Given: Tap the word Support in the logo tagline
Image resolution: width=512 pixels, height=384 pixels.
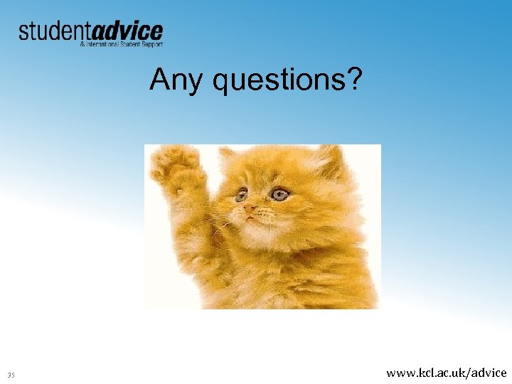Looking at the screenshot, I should pyautogui.click(x=151, y=44).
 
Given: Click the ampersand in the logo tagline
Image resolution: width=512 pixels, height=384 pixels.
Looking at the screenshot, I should pyautogui.click(x=82, y=44).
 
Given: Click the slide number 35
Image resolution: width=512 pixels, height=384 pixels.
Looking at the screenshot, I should pyautogui.click(x=11, y=375).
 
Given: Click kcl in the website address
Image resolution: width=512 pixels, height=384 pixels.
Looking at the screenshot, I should pyautogui.click(x=429, y=373).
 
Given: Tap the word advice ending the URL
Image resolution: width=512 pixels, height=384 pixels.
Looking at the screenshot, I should pyautogui.click(x=489, y=373).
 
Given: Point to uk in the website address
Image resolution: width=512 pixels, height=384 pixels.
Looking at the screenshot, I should pyautogui.click(x=460, y=373).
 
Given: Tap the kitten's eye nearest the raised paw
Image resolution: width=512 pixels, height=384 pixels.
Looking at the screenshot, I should pyautogui.click(x=242, y=193).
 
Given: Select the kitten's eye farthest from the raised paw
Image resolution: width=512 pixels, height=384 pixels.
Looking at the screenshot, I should pyautogui.click(x=280, y=193).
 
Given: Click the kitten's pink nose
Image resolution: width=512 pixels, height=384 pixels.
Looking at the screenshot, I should pyautogui.click(x=252, y=210).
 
